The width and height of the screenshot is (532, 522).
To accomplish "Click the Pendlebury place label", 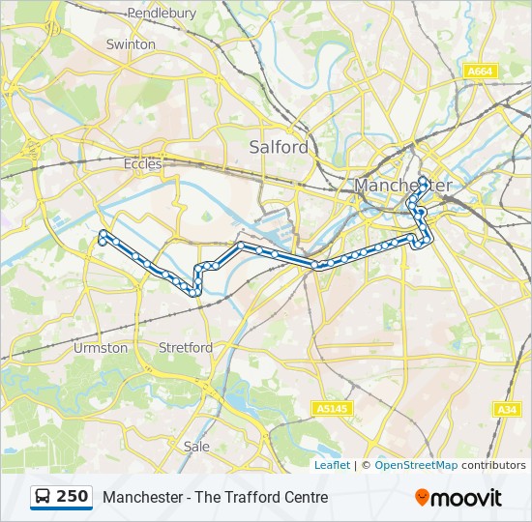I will (162, 14).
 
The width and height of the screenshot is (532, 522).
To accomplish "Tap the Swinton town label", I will (131, 44).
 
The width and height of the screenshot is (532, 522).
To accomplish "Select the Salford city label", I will (279, 147).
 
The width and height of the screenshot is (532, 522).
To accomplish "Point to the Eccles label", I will (143, 164).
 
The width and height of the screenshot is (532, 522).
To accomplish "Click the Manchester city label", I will (402, 185).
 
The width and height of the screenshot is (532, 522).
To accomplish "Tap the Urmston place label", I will (101, 347).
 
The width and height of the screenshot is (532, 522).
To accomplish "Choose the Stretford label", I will (186, 347).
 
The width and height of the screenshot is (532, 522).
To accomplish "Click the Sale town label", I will (196, 447).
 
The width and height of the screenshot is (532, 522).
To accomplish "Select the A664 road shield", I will (480, 72).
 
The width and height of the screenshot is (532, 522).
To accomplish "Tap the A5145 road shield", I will (332, 409).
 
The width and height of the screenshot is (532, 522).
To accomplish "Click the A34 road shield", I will (507, 409).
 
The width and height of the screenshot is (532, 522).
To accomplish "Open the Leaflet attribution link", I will (332, 465).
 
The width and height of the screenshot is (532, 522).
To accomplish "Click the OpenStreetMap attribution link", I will (416, 465).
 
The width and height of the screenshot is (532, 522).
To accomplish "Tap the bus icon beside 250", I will (44, 497).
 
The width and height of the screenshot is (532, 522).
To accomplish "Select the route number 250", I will (73, 497).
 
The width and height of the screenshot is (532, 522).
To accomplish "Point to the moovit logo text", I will (466, 498).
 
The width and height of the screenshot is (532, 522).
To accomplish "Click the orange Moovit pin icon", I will (423, 498).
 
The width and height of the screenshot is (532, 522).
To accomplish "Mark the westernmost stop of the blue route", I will (102, 233).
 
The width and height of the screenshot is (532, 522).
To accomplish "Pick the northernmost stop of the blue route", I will (425, 178).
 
